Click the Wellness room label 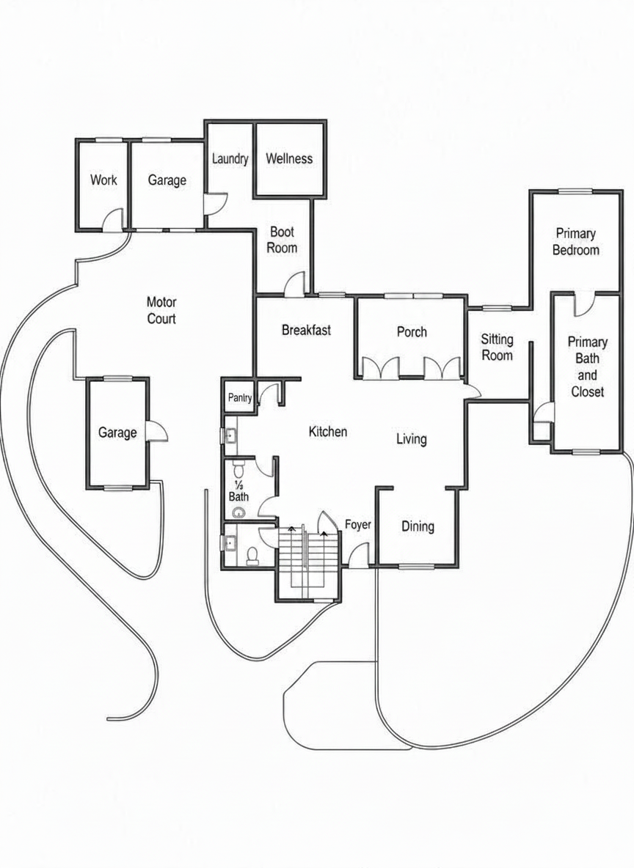[288, 159]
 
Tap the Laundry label [230, 159]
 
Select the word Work [103, 180]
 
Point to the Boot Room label [282, 240]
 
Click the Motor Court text [161, 310]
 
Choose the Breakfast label [307, 330]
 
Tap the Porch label [412, 331]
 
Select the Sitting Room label [497, 347]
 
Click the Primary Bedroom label [576, 241]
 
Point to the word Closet [588, 391]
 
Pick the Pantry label [240, 397]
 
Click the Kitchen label [328, 431]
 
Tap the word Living [411, 439]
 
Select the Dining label [418, 526]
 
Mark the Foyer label [358, 524]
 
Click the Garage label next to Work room [167, 180]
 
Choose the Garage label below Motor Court [117, 433]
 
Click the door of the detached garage [157, 431]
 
